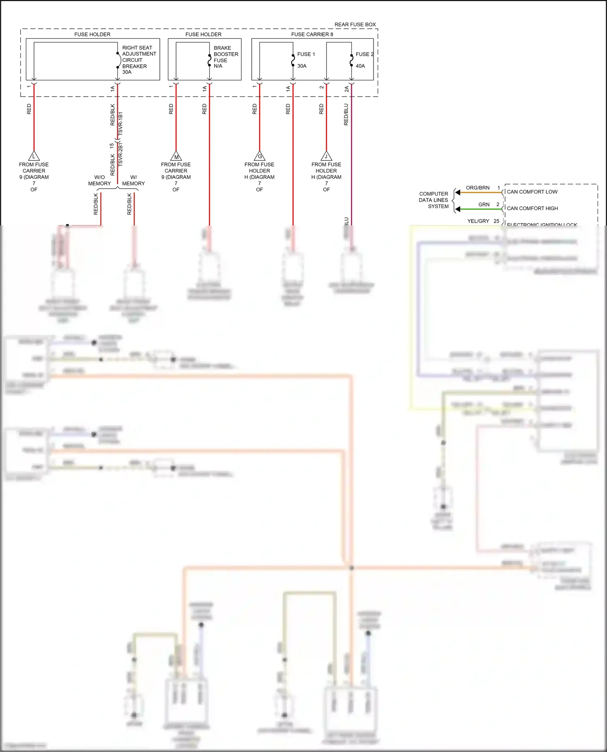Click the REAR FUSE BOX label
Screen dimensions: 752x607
355,25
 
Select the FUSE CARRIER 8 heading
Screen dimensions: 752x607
312,34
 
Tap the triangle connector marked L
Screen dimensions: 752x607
34,156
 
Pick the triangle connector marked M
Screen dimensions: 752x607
176,156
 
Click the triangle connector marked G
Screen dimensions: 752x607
259,156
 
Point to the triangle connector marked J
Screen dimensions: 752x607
326,156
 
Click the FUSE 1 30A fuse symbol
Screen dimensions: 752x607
293,60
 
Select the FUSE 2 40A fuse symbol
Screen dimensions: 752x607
351,60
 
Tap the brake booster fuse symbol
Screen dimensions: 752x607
209,60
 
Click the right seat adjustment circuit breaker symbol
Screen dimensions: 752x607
118,60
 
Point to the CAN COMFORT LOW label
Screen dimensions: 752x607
532,192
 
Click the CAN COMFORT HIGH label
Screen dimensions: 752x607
532,209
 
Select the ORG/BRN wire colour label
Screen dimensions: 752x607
478,188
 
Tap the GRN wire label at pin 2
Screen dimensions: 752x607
484,205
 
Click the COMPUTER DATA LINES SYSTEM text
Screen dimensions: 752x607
433,200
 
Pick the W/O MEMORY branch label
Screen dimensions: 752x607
99,180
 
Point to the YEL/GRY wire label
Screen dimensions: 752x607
478,221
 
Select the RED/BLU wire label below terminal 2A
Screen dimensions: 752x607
346,114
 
